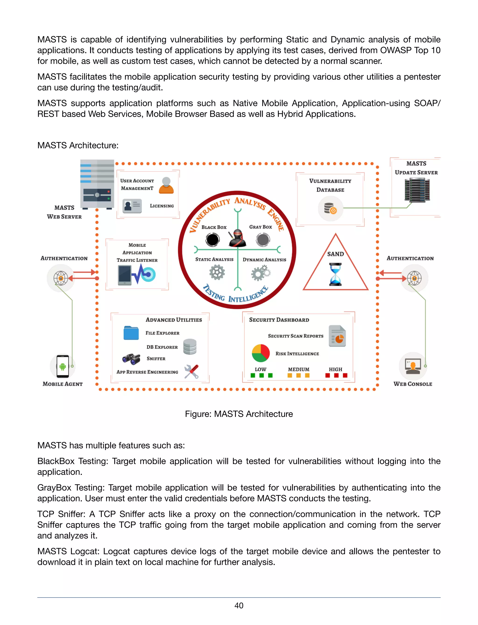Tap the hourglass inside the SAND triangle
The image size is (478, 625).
point(335,274)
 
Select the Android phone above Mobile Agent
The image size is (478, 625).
point(63,366)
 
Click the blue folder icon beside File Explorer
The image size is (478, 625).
point(131,333)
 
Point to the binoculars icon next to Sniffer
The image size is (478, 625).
point(131,359)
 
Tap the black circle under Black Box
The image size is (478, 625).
point(213,239)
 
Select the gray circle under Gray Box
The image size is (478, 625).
point(263,239)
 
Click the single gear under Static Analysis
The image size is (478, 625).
point(217,272)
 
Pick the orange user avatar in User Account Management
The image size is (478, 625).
point(166,185)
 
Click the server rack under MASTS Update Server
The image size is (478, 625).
point(417,190)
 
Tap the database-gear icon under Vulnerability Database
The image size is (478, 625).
point(330,208)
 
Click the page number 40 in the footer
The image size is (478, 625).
point(239,605)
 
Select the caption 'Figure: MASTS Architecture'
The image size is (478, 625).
point(239,414)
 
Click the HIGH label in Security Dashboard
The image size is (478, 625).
point(335,369)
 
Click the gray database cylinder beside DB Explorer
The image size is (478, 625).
point(190,347)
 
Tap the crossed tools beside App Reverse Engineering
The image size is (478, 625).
point(191,372)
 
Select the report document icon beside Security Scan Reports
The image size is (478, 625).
point(337,336)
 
